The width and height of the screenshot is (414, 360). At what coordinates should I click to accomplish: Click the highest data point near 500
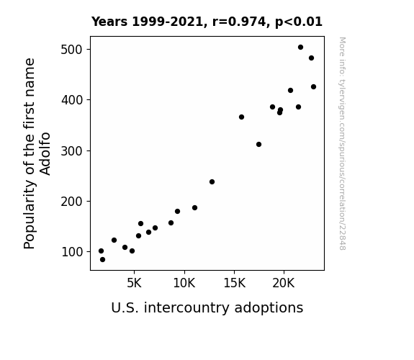(300, 48)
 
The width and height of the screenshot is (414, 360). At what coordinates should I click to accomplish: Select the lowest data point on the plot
(102, 260)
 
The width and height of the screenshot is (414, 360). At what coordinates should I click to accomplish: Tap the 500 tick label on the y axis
(72, 50)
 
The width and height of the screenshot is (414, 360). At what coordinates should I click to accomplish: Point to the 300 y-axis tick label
(72, 150)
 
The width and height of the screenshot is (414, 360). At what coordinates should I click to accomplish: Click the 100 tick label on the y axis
(72, 252)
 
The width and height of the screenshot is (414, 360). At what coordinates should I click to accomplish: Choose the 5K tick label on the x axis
(134, 283)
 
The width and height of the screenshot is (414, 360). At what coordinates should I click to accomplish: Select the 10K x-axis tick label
(184, 283)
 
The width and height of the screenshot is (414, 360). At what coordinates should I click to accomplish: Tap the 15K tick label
(234, 283)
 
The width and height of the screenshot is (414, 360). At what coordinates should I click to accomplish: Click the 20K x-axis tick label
(284, 283)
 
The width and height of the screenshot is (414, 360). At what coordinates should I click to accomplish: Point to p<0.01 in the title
(299, 22)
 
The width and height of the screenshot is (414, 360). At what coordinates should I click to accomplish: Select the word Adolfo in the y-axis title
(45, 153)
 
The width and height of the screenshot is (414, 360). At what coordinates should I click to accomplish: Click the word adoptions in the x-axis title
(269, 307)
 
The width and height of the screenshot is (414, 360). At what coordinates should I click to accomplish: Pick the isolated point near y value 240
(212, 181)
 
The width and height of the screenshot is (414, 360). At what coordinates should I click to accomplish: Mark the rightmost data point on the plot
(313, 86)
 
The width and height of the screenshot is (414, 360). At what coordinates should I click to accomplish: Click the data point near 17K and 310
(258, 144)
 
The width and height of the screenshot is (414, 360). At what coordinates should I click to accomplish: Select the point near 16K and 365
(241, 117)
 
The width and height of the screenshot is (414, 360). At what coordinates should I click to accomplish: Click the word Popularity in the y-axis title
(29, 214)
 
